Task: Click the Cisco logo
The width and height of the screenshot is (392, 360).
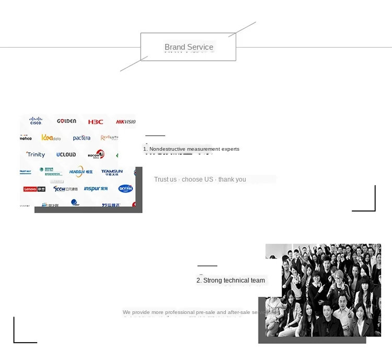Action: point(36,121)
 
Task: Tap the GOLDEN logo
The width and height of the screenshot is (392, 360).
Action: point(66,121)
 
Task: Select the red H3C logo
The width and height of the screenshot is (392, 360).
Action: point(96,121)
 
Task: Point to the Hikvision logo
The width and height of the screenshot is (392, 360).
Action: point(126,121)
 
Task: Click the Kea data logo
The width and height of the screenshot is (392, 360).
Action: point(51,138)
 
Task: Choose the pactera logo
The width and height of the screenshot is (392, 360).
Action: point(82,138)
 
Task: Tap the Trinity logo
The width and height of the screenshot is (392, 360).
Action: point(36,154)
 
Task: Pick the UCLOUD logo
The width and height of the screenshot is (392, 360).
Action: point(66,154)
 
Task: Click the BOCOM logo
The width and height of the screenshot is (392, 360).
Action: point(96,154)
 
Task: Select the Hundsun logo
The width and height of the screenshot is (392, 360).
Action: point(80,171)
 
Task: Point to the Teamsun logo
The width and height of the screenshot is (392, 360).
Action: point(112,171)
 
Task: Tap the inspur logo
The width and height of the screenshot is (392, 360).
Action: point(96,188)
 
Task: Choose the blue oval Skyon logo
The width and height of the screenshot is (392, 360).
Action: point(125,188)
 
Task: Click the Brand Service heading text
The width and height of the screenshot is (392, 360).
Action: point(189,47)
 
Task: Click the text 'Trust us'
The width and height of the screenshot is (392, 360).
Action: point(165,179)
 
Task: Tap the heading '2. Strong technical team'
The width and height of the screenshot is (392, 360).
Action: point(230,280)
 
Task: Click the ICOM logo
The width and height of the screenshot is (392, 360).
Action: point(65,188)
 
